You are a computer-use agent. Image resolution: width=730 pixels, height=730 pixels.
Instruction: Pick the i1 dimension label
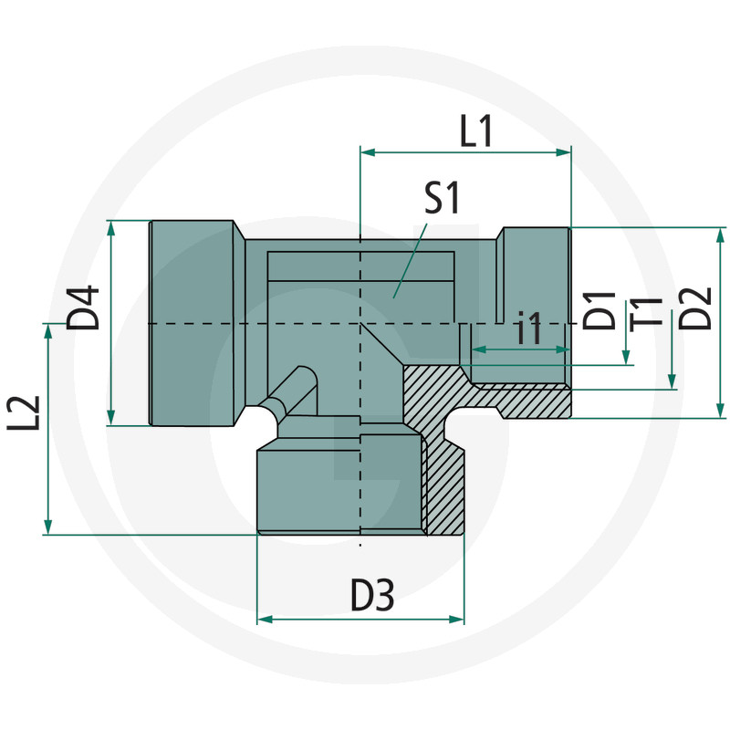tap(529, 328)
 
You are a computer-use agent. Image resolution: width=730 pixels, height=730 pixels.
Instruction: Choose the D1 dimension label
tap(600, 311)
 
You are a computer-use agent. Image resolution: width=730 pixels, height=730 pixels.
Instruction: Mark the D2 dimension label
tap(698, 308)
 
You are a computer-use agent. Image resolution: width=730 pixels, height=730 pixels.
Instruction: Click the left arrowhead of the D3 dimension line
tap(265, 620)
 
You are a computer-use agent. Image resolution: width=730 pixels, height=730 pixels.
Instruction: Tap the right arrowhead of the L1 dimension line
tap(564, 153)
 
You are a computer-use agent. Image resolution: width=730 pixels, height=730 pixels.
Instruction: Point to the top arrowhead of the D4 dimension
tap(111, 227)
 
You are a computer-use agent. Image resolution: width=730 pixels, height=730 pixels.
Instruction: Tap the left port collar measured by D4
tap(192, 323)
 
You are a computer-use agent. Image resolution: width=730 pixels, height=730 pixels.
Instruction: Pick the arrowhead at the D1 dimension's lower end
tap(626, 358)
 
